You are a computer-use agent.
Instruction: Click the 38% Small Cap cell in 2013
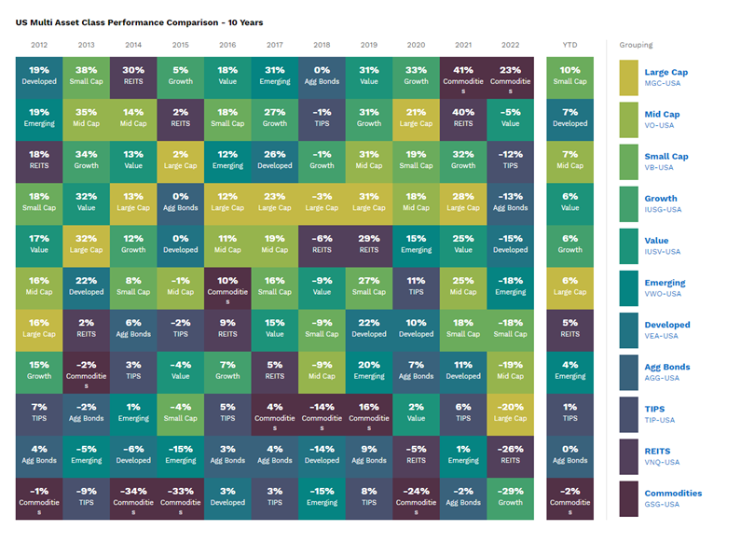(86, 75)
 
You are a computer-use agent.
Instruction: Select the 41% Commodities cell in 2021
(463, 75)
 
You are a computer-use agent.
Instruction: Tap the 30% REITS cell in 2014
(133, 75)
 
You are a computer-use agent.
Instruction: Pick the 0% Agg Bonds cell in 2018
(322, 75)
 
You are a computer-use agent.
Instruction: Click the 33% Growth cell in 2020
(416, 75)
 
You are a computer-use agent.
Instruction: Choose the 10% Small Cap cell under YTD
(569, 75)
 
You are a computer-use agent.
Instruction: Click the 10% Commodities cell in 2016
(227, 286)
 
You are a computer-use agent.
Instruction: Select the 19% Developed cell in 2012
(39, 75)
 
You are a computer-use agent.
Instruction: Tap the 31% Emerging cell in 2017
(274, 75)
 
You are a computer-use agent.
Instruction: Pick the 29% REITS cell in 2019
(369, 244)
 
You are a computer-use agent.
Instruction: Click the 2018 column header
(322, 44)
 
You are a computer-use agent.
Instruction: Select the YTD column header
(569, 44)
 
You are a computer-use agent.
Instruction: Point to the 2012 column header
(39, 44)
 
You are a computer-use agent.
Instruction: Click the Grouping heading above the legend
(636, 44)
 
